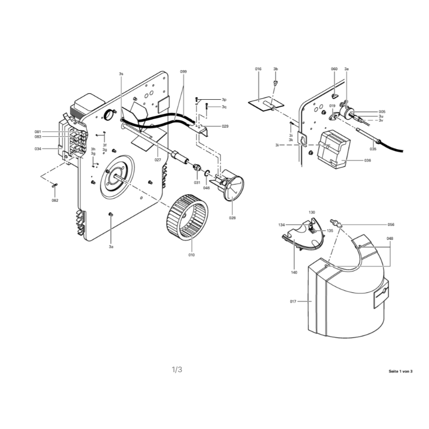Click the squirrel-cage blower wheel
click(x=187, y=217)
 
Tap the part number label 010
click(x=191, y=255)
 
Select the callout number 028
click(x=232, y=218)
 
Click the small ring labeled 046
click(x=208, y=173)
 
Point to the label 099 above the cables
click(x=183, y=72)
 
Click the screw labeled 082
click(x=54, y=186)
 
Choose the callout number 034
click(x=38, y=149)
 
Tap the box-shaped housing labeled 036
click(x=334, y=150)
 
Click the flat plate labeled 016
click(x=266, y=103)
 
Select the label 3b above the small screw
click(x=276, y=69)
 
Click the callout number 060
click(x=334, y=69)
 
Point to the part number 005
click(x=382, y=112)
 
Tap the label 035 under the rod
click(x=373, y=149)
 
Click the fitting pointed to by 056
click(x=337, y=223)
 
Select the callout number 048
click(x=390, y=239)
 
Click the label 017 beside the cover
click(x=293, y=301)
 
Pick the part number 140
click(x=294, y=272)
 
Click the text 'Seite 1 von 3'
click(x=401, y=371)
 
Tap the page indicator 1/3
click(x=177, y=369)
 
